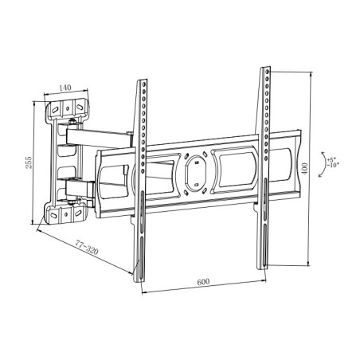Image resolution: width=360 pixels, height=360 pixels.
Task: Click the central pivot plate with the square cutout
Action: (194, 169)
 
